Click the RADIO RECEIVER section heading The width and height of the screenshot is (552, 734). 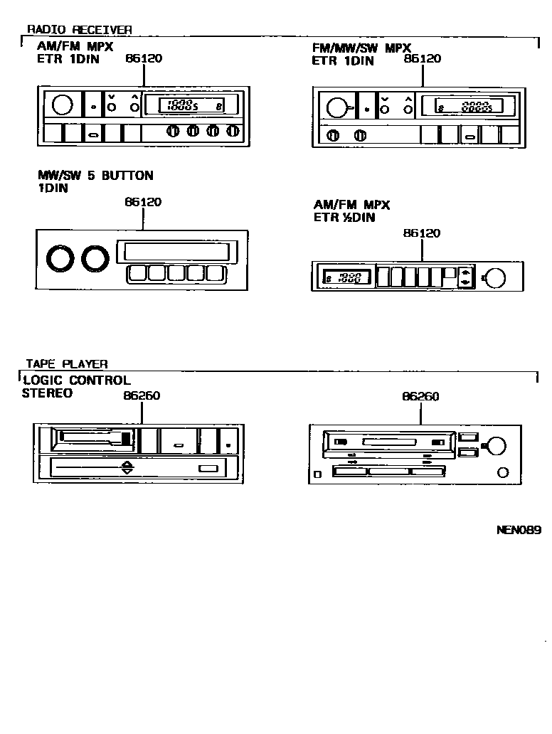pyautogui.click(x=79, y=30)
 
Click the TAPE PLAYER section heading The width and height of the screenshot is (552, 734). pyautogui.click(x=67, y=364)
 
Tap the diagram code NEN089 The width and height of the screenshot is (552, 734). pyautogui.click(x=519, y=530)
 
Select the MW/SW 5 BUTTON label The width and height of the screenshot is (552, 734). pyautogui.click(x=95, y=176)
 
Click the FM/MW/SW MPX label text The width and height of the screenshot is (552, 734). pyautogui.click(x=361, y=48)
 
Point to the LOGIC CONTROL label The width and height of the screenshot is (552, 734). pyautogui.click(x=76, y=381)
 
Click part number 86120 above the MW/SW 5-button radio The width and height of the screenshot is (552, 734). pyautogui.click(x=143, y=202)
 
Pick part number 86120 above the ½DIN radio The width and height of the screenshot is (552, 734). pyautogui.click(x=421, y=233)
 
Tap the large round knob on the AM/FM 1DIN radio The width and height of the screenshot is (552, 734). pyautogui.click(x=63, y=105)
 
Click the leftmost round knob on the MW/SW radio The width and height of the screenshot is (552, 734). pyautogui.click(x=57, y=258)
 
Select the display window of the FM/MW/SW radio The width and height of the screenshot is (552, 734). pyautogui.click(x=464, y=107)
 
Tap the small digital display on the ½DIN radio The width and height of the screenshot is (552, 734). pyautogui.click(x=344, y=277)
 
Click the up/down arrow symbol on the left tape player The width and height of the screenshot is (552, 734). pyautogui.click(x=127, y=468)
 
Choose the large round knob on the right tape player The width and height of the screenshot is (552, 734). pyautogui.click(x=496, y=446)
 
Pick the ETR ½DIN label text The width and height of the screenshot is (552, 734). pyautogui.click(x=344, y=218)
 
